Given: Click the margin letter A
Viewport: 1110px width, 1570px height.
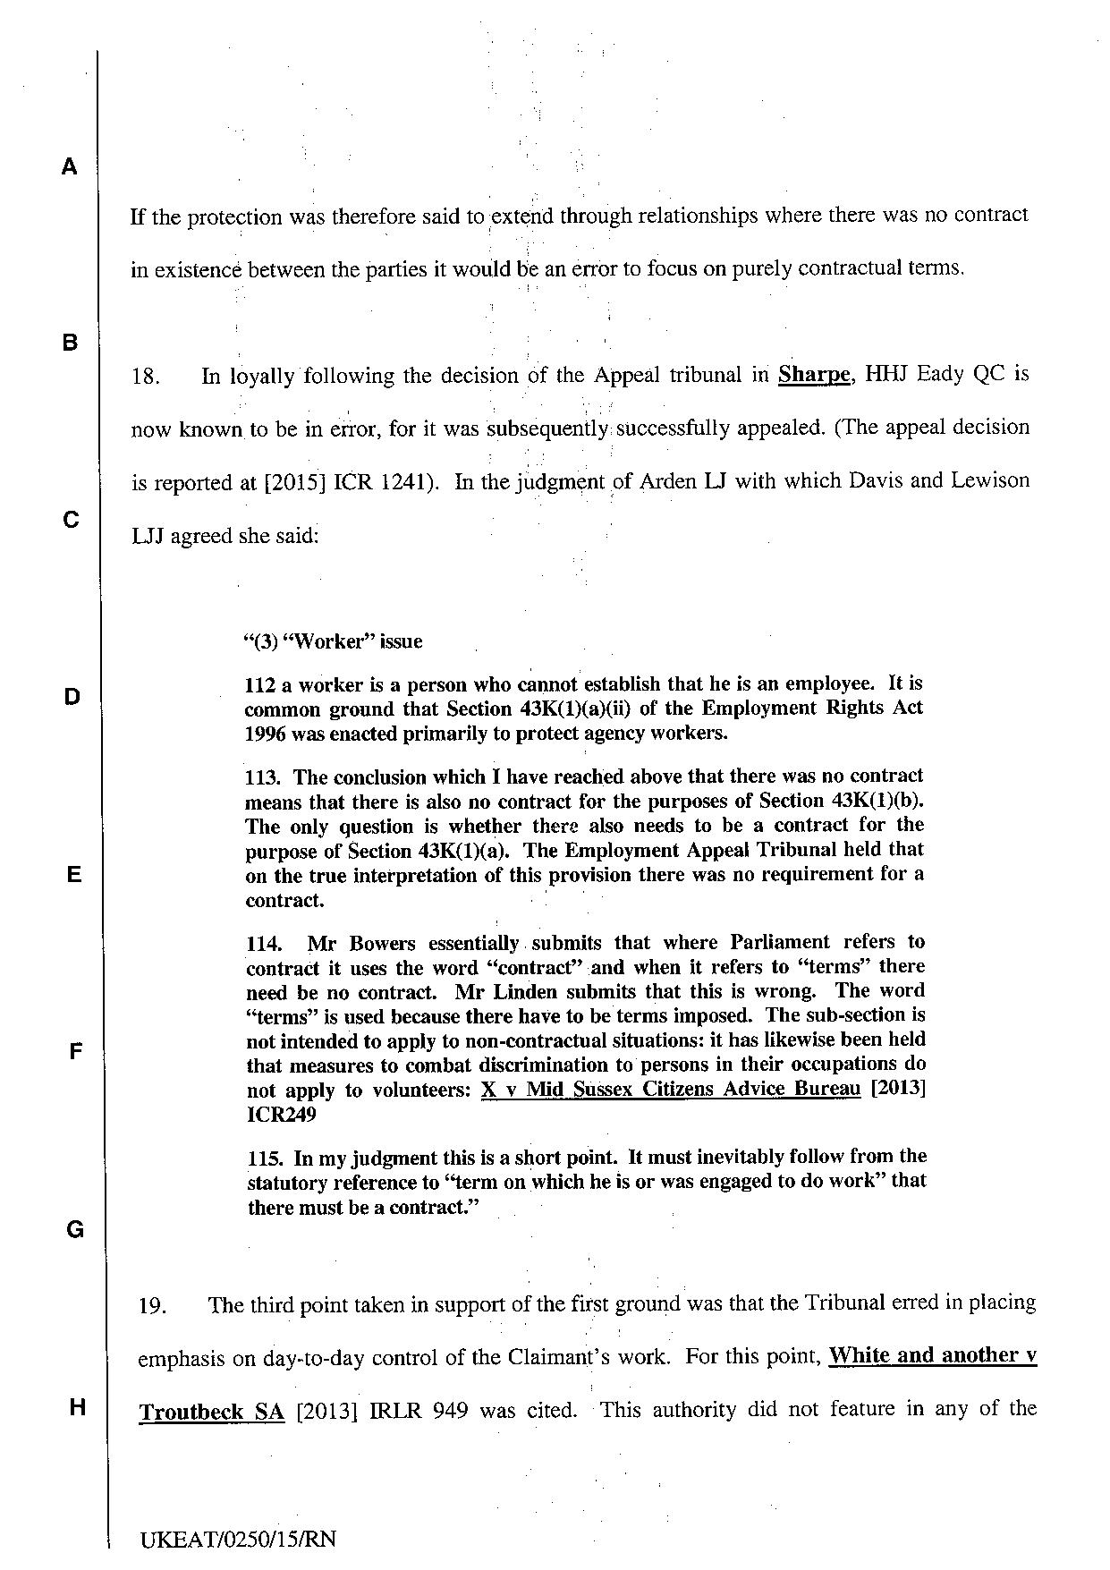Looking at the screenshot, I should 70,166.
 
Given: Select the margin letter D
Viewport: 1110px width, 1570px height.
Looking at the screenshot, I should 72,697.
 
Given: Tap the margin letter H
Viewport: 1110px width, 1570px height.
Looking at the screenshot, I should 77,1407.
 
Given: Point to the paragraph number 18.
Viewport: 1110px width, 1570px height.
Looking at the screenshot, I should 145,377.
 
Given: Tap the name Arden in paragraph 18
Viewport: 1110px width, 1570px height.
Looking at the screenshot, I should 673,481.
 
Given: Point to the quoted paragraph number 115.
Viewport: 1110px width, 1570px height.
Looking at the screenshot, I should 267,1158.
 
